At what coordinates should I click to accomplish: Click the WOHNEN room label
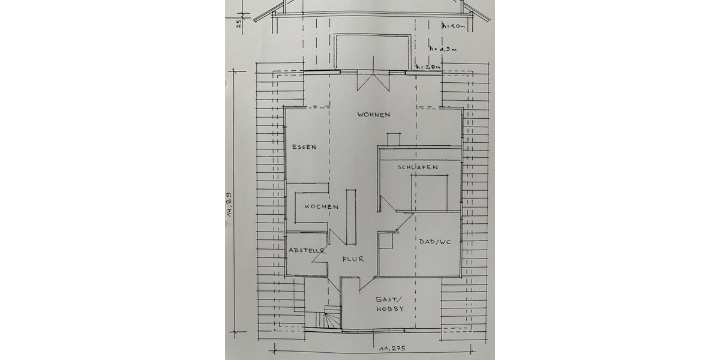pyautogui.click(x=374, y=114)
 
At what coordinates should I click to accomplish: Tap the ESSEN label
pyautogui.click(x=304, y=146)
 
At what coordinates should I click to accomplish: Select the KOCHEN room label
pyautogui.click(x=321, y=206)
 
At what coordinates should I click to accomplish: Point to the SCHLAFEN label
pyautogui.click(x=417, y=167)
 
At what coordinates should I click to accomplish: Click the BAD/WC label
pyautogui.click(x=434, y=241)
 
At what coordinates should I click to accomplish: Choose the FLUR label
pyautogui.click(x=353, y=259)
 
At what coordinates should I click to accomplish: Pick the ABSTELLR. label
pyautogui.click(x=307, y=250)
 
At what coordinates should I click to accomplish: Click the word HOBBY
pyautogui.click(x=389, y=309)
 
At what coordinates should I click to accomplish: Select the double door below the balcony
pyautogui.click(x=373, y=81)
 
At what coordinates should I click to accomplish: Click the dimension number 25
pyautogui.click(x=239, y=23)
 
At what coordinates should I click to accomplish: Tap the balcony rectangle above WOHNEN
pyautogui.click(x=373, y=52)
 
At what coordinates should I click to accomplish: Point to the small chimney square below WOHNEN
pyautogui.click(x=394, y=139)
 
